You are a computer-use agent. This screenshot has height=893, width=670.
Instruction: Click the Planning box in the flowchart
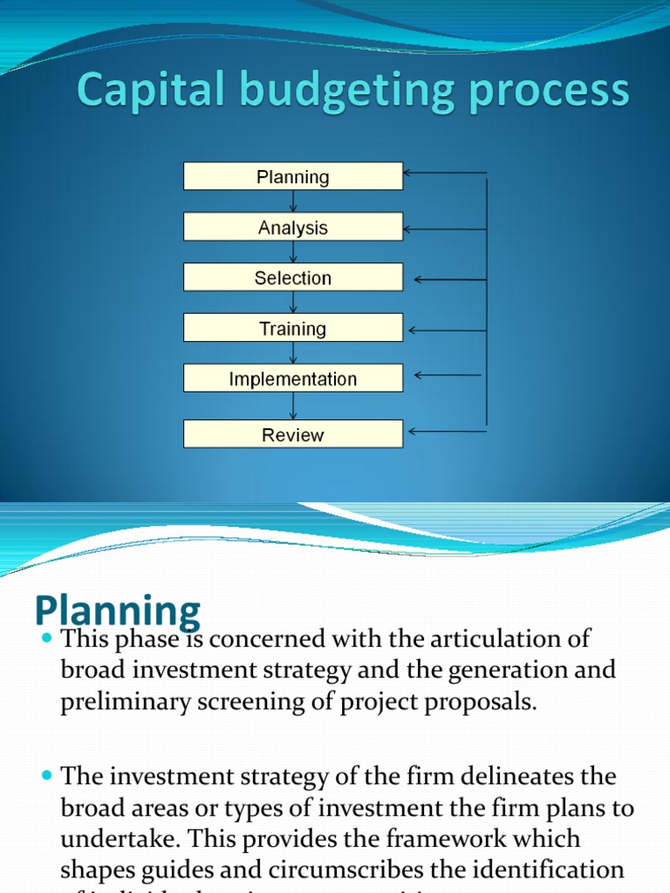pyautogui.click(x=293, y=177)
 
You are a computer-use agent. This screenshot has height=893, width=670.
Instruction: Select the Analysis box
pyautogui.click(x=293, y=228)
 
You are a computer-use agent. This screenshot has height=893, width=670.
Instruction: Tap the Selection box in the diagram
pyautogui.click(x=293, y=278)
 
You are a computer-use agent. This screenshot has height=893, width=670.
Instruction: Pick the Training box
pyautogui.click(x=293, y=329)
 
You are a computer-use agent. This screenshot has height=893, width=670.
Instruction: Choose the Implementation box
pyautogui.click(x=293, y=379)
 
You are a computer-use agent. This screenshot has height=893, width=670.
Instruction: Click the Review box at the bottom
pyautogui.click(x=293, y=434)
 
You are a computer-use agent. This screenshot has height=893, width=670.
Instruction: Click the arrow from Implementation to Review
pyautogui.click(x=293, y=406)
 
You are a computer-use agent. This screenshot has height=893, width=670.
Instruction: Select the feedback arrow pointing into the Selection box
pyautogui.click(x=448, y=280)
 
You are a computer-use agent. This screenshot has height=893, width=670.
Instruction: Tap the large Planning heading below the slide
pyautogui.click(x=118, y=610)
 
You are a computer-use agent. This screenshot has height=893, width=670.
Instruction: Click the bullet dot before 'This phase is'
pyautogui.click(x=47, y=640)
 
